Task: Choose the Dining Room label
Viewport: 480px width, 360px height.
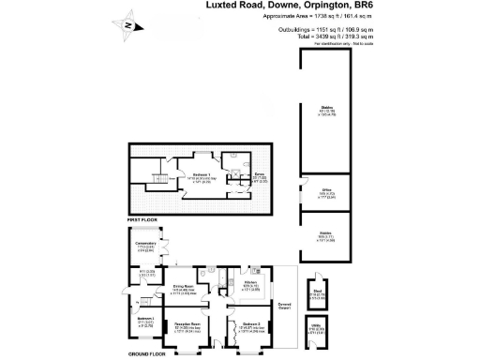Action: [x=183, y=286]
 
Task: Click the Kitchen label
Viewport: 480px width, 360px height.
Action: [x=251, y=282]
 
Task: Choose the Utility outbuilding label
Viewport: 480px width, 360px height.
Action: [x=317, y=329]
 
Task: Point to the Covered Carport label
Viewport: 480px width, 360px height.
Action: [x=285, y=307]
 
